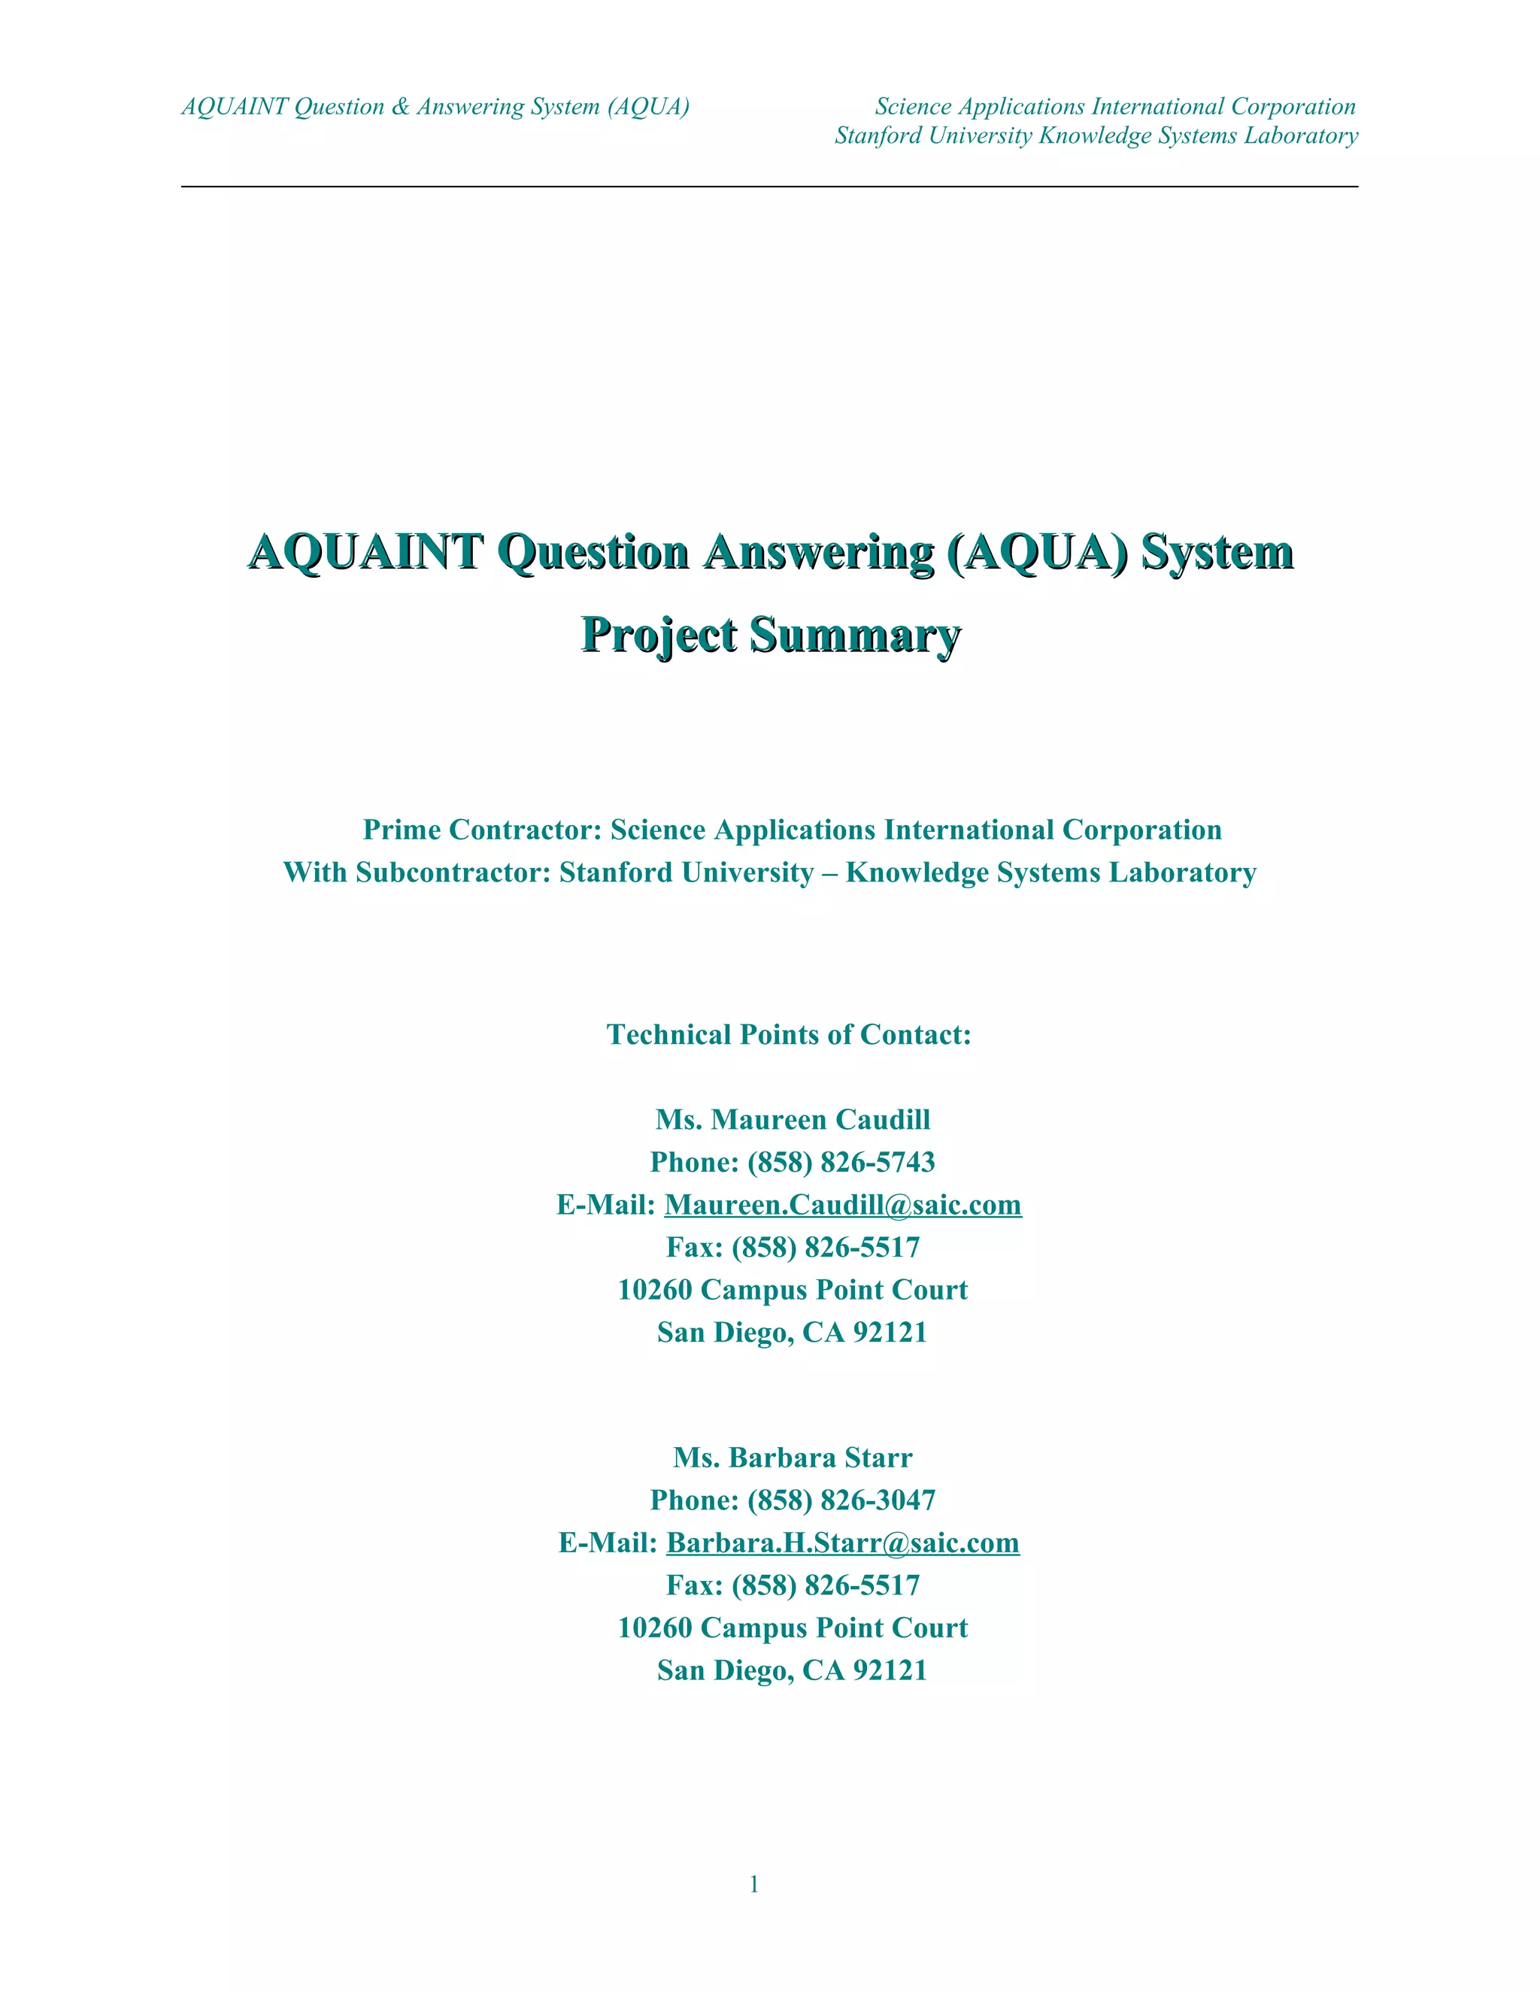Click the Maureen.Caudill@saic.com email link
[x=842, y=1206]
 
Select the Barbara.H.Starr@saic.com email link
[x=842, y=1543]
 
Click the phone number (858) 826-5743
[x=841, y=1163]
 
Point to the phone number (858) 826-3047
[x=841, y=1500]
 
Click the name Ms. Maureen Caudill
[x=792, y=1120]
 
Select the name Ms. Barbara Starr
[x=792, y=1458]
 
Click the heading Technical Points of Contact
[x=789, y=1035]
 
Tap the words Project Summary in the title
[x=771, y=634]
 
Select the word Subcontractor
[x=453, y=872]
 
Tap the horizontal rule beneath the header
[x=769, y=187]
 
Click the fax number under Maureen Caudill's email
[x=825, y=1248]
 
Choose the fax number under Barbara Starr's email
[x=825, y=1585]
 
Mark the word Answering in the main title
[x=818, y=552]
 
